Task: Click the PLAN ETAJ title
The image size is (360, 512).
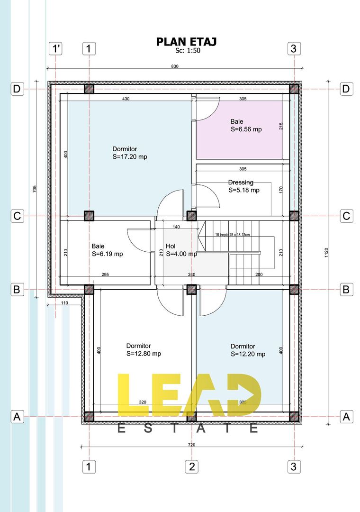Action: click(186, 42)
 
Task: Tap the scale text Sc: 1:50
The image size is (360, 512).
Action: click(188, 51)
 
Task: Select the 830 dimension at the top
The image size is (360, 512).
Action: click(174, 66)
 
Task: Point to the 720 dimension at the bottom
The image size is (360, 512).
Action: click(191, 445)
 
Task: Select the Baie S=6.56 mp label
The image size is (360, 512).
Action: click(246, 125)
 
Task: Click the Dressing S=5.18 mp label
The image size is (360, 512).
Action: click(243, 186)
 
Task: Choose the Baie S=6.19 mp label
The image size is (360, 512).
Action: click(107, 250)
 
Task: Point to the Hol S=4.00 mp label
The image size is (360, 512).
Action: click(181, 250)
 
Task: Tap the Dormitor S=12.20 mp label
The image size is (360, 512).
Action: click(248, 350)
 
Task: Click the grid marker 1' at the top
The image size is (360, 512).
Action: click(56, 48)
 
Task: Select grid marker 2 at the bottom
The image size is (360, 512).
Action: click(191, 466)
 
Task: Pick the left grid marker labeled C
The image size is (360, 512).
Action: click(17, 216)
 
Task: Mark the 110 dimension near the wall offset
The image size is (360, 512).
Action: click(64, 302)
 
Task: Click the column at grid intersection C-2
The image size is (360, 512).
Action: click(191, 216)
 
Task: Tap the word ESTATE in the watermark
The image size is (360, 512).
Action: click(188, 429)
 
